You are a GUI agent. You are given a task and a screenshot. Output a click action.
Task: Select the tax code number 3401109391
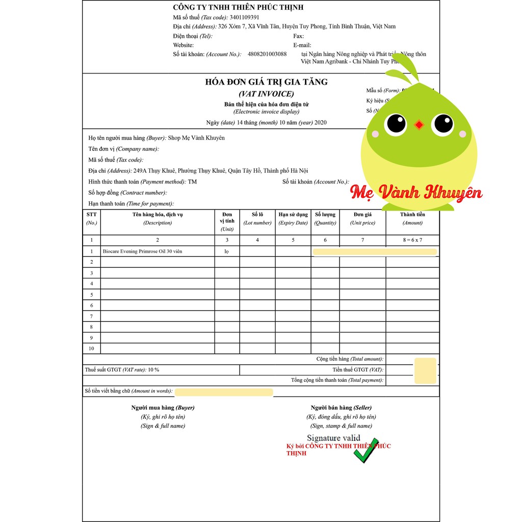pyautogui.click(x=244, y=17)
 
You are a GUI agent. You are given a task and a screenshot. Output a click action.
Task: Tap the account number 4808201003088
pyautogui.click(x=267, y=54)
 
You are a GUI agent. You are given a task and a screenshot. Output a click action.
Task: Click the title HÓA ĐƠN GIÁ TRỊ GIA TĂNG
pyautogui.click(x=266, y=82)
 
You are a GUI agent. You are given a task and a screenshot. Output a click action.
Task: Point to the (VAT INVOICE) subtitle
pyautogui.click(x=266, y=94)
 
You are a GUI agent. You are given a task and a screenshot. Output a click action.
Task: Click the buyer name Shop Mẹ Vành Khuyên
pyautogui.click(x=196, y=138)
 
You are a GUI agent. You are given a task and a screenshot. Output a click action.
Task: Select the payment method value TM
pyautogui.click(x=192, y=182)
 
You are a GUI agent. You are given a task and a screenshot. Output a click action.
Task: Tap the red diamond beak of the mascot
pyautogui.click(x=419, y=124)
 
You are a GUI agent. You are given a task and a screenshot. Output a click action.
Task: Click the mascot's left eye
pyautogui.click(x=396, y=123)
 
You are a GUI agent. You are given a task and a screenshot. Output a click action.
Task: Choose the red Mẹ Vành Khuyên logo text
pyautogui.click(x=416, y=193)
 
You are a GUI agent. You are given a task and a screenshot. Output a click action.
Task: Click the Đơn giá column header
pyautogui.click(x=362, y=215)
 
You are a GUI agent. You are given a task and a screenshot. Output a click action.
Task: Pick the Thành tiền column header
pyautogui.click(x=412, y=215)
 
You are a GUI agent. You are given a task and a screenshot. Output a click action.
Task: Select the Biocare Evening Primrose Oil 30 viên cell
pyautogui.click(x=142, y=251)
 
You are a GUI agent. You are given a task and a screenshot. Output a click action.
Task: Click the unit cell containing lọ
pyautogui.click(x=227, y=251)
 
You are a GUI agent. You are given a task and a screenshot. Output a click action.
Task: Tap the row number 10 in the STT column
pyautogui.click(x=91, y=349)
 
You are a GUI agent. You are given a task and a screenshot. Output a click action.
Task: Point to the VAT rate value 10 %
pyautogui.click(x=153, y=370)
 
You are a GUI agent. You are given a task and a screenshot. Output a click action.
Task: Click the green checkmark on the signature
pyautogui.click(x=367, y=450)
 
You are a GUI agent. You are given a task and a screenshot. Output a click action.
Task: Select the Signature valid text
pyautogui.click(x=333, y=438)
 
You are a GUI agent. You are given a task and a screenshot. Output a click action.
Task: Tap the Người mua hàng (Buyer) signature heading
pyautogui.click(x=163, y=408)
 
